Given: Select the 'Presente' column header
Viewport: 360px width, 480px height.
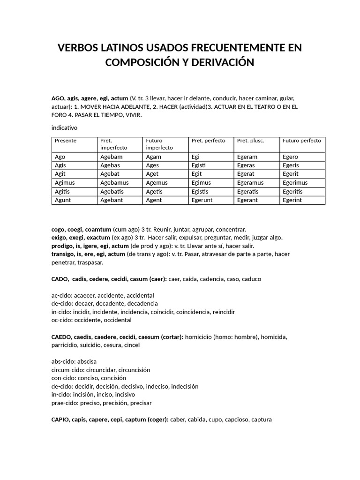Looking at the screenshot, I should pos(65,141).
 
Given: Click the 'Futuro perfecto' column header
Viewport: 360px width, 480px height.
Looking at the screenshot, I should pos(302,141).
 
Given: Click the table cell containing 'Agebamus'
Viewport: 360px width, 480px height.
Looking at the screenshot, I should pos(114,183).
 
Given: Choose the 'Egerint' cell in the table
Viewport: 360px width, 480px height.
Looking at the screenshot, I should pos(292,200).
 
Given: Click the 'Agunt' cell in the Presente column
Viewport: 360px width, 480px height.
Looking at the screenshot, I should pos(63,200).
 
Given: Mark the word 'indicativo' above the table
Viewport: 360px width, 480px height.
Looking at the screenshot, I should pos(64,127).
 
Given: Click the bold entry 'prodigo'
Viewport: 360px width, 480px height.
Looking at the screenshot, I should pos(62,246).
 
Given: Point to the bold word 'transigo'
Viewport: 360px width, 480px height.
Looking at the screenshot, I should pos(63,254).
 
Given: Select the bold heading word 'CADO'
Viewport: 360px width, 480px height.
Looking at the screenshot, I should pos(60,279).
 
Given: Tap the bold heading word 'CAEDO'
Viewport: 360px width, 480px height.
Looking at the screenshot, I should pos(61,337).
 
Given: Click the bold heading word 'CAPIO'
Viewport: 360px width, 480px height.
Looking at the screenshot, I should pos(61,420).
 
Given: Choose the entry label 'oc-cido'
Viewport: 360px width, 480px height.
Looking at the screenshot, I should pos(61,320).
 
